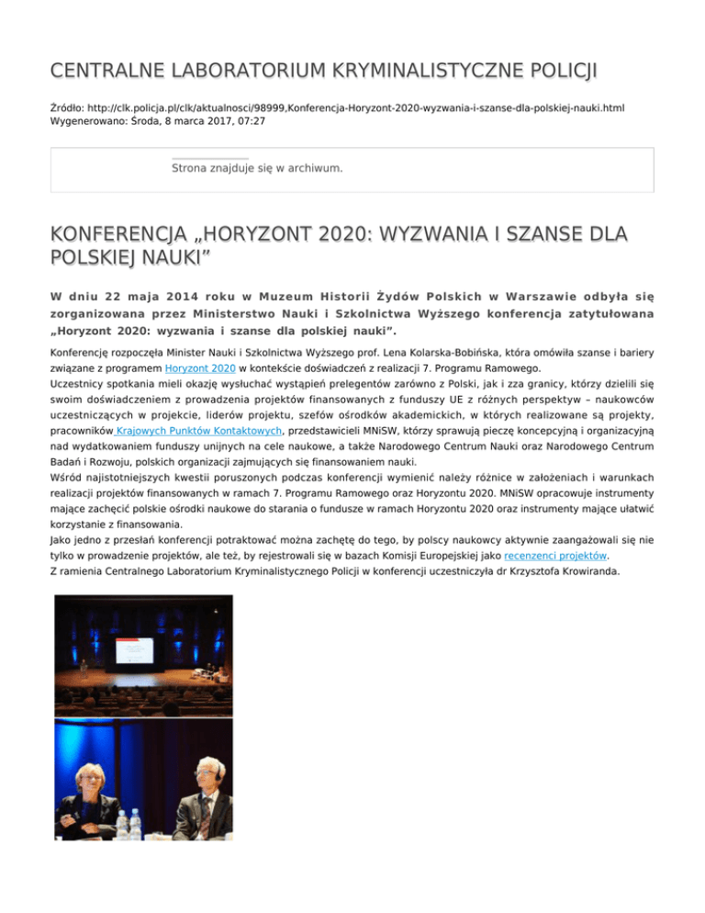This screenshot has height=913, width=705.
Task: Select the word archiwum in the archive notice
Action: [x=311, y=168]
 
